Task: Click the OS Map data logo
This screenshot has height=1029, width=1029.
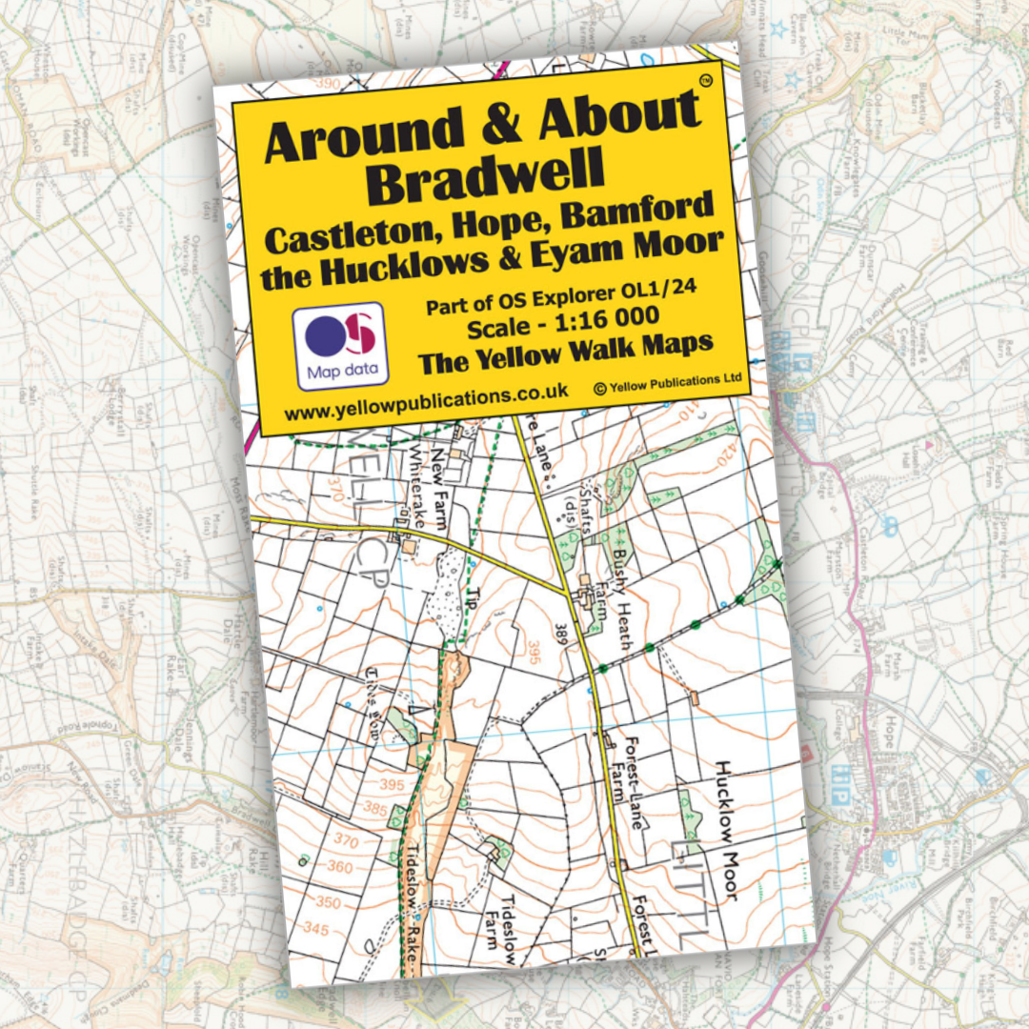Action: point(339,346)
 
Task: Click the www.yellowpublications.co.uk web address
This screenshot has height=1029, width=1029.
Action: point(426,402)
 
